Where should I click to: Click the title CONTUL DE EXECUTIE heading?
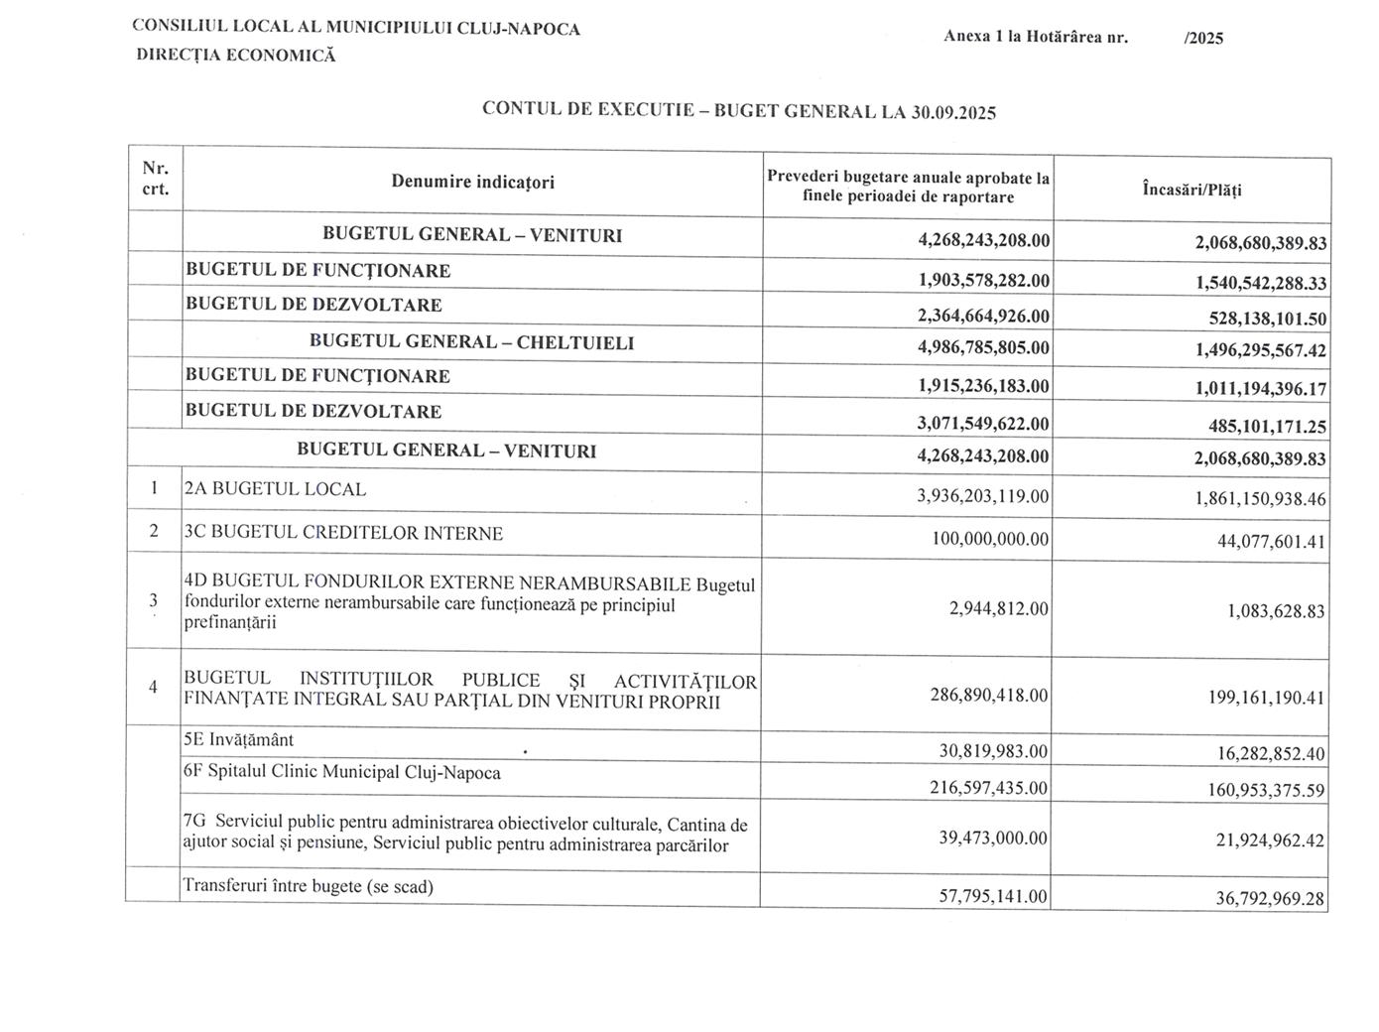click(738, 110)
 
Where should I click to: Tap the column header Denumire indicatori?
click(472, 182)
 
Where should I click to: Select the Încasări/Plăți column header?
click(1191, 189)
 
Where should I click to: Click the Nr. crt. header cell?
click(155, 178)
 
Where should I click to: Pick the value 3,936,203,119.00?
click(983, 495)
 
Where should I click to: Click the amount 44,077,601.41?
click(1271, 541)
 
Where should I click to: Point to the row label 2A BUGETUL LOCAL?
click(276, 489)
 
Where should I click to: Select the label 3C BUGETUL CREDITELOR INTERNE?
click(343, 533)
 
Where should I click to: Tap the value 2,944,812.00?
click(998, 608)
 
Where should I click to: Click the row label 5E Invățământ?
click(238, 740)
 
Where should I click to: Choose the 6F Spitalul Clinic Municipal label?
click(342, 772)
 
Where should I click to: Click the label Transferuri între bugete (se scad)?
click(309, 886)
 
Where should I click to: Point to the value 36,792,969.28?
click(1271, 898)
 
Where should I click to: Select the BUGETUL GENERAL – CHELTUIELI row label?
click(471, 342)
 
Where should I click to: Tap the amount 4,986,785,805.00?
click(983, 348)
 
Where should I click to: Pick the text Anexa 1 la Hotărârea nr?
click(1036, 38)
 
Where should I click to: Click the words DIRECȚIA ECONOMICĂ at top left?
click(236, 56)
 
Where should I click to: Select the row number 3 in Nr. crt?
click(154, 599)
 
